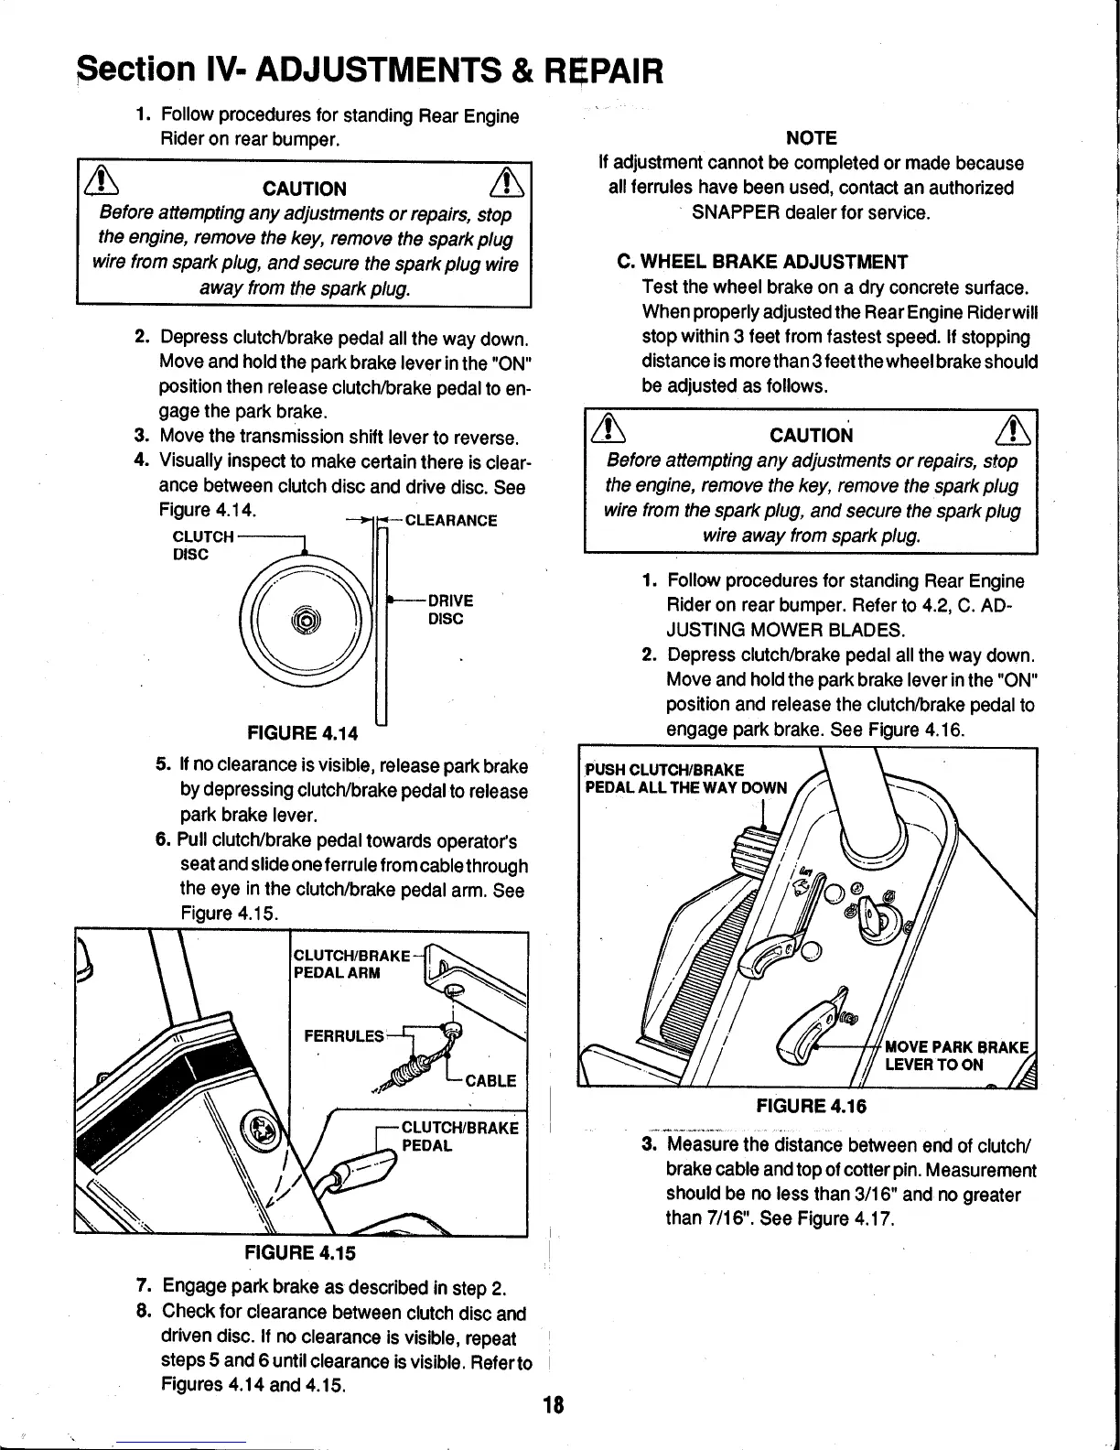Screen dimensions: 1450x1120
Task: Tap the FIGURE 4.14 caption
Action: pos(302,732)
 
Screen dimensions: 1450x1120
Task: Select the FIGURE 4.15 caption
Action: pos(299,1252)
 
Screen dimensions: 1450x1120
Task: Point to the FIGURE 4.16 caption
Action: pos(811,1106)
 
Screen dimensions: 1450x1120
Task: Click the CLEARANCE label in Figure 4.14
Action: pos(451,521)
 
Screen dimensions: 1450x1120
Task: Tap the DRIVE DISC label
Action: pos(450,610)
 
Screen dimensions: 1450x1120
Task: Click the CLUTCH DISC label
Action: pos(202,546)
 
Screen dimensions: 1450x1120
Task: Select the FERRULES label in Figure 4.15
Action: pos(343,1036)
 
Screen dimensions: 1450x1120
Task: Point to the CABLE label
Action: pos(490,1081)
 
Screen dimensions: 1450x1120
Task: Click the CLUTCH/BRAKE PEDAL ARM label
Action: pos(350,964)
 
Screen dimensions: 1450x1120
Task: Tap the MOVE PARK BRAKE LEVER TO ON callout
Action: pos(956,1055)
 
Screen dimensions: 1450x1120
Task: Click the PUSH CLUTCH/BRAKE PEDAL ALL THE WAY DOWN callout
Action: pos(685,779)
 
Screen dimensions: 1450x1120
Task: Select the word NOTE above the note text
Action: pos(812,138)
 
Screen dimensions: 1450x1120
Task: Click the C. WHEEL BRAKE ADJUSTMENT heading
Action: pos(762,262)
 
